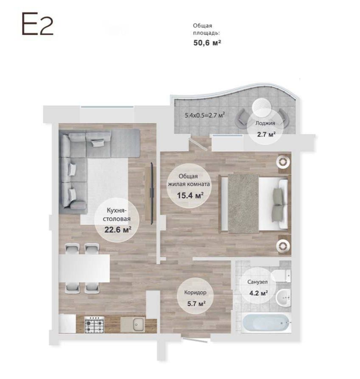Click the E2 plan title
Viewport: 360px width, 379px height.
pyautogui.click(x=37, y=24)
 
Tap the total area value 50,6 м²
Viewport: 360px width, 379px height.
pyautogui.click(x=207, y=43)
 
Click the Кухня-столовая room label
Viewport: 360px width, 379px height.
pyautogui.click(x=117, y=215)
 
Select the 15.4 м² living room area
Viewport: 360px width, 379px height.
pyautogui.click(x=190, y=195)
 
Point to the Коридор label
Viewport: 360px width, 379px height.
pyautogui.click(x=195, y=293)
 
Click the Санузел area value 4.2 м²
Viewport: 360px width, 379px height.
pyautogui.click(x=258, y=293)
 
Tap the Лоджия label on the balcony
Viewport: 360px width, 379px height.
pyautogui.click(x=265, y=123)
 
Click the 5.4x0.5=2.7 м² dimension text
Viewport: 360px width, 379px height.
pyautogui.click(x=205, y=115)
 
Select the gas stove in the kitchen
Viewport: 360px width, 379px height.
pyautogui.click(x=94, y=325)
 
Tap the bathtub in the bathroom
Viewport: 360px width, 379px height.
pyautogui.click(x=267, y=323)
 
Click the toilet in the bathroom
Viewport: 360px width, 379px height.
pyautogui.click(x=281, y=276)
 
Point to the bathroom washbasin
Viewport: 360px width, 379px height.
pyautogui.click(x=283, y=298)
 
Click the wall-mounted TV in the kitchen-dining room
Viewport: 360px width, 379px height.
pyautogui.click(x=152, y=193)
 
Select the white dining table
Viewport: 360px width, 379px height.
pyautogui.click(x=84, y=268)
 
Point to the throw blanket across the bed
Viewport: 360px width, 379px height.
pyautogui.click(x=243, y=203)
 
